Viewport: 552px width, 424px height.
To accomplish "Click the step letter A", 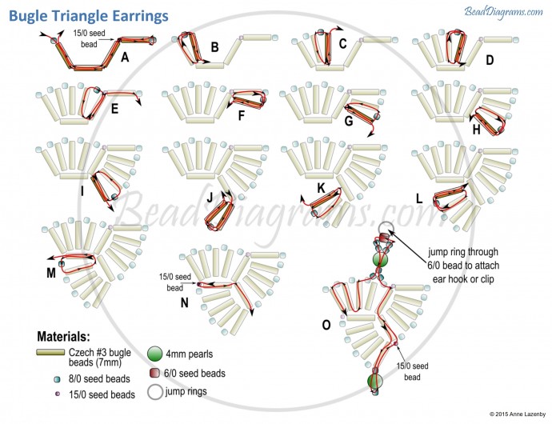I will (x=125, y=57).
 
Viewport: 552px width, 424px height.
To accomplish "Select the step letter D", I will (x=490, y=59).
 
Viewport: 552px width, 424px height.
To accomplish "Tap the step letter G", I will (x=349, y=122).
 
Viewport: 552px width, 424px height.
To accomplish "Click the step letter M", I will (x=50, y=272).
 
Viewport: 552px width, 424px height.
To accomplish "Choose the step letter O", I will (x=326, y=325).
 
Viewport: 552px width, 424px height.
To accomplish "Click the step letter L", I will (x=419, y=196).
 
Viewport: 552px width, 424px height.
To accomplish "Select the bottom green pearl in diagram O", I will (x=374, y=382).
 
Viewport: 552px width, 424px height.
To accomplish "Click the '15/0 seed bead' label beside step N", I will (x=175, y=282).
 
